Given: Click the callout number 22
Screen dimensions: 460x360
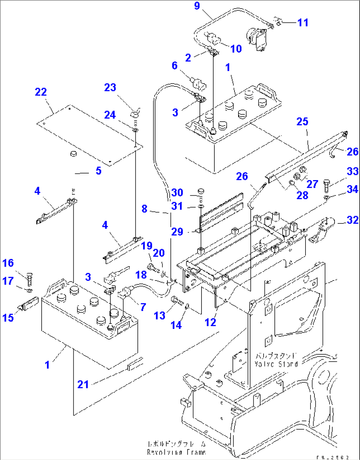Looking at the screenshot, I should tap(41, 92).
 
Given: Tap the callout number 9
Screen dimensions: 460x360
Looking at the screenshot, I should tap(197, 6).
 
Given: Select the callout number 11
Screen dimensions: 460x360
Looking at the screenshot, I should tap(303, 22).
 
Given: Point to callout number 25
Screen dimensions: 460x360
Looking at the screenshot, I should tap(302, 122).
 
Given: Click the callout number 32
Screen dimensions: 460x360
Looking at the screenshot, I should tap(352, 220).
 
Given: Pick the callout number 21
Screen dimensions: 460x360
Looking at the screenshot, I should tap(83, 384).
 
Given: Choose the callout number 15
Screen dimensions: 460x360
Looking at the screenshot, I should tap(8, 318).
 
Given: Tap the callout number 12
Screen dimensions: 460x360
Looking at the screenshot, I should tap(210, 322).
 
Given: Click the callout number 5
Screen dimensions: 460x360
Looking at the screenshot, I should tap(98, 171).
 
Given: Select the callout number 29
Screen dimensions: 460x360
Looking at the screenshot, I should tap(177, 232).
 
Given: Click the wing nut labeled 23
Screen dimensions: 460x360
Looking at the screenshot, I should tap(135, 114).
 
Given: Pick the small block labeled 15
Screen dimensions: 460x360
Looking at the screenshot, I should tap(30, 303).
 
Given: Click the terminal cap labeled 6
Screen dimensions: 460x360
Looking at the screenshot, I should tap(198, 83).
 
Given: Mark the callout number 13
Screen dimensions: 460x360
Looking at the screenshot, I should tap(160, 316).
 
